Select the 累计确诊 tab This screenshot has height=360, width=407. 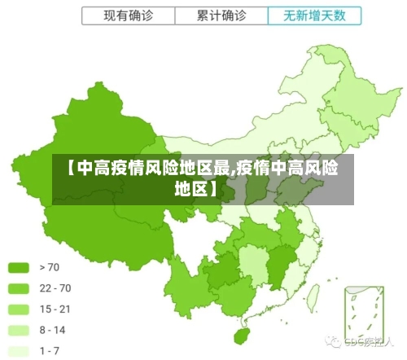[x=222, y=15]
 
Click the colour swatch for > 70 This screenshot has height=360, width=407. [x=20, y=267]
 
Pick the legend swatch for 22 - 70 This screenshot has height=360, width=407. [x=20, y=288]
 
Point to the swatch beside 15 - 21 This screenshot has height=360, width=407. [x=20, y=310]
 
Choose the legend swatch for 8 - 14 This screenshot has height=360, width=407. [x=20, y=331]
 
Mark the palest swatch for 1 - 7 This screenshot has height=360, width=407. [x=20, y=351]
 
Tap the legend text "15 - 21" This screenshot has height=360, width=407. [x=55, y=310]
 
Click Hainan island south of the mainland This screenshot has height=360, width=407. [x=239, y=335]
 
